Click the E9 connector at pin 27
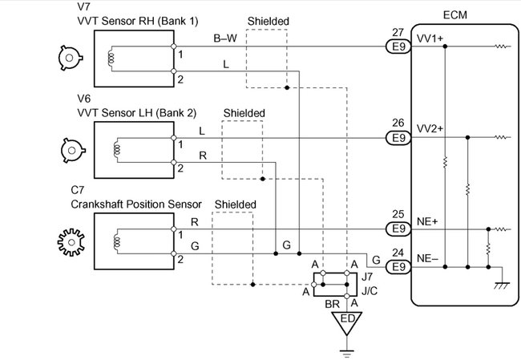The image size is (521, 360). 397,47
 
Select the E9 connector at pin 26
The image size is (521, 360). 397,138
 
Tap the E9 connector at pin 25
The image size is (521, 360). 397,229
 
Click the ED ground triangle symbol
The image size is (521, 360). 347,322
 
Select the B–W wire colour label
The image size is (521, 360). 224,38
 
